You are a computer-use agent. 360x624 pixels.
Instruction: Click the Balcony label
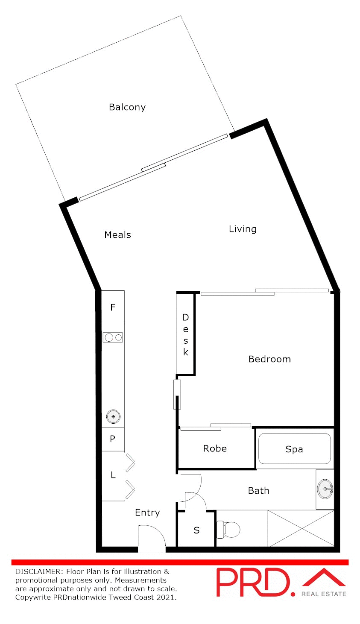click(x=127, y=107)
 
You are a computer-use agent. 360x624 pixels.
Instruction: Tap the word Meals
click(x=117, y=235)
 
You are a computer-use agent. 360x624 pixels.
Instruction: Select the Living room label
click(x=243, y=229)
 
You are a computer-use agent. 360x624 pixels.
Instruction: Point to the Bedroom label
click(x=269, y=359)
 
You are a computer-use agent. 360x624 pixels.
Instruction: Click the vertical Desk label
click(x=186, y=335)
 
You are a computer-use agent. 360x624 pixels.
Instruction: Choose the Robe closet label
click(x=215, y=448)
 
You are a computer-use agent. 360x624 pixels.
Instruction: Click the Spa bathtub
click(x=294, y=449)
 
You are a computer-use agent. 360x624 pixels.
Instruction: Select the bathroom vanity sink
click(x=325, y=489)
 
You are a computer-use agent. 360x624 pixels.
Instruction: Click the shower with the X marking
click(x=301, y=528)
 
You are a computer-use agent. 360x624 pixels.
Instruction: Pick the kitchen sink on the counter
click(x=113, y=416)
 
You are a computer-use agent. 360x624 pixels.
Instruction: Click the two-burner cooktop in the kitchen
click(x=113, y=337)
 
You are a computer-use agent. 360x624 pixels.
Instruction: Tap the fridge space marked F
click(x=113, y=308)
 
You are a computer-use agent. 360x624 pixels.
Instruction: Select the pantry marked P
click(x=113, y=439)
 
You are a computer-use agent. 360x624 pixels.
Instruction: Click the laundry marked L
click(x=113, y=475)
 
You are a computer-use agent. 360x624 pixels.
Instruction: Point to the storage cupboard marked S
click(x=196, y=530)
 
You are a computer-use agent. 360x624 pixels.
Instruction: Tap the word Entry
click(x=147, y=513)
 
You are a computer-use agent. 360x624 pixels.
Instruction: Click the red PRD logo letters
click(x=255, y=582)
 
